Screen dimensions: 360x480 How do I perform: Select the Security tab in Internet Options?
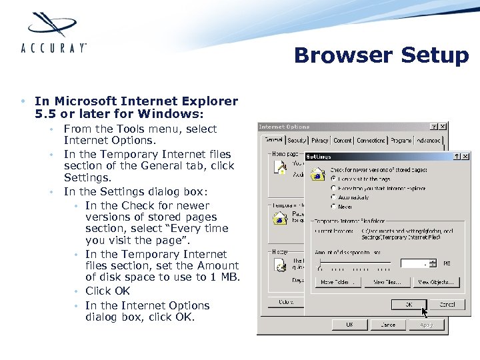297,141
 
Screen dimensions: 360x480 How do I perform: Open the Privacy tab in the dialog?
319,141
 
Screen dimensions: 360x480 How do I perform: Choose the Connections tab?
371,141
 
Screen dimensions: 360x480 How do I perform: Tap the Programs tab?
401,141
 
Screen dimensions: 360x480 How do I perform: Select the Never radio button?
333,207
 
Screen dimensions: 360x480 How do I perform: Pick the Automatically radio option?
333,198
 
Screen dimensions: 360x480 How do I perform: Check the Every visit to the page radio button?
333,179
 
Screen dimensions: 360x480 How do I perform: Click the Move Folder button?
339,282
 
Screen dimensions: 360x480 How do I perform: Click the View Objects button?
437,282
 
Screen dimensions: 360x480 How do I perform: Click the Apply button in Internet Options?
427,325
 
